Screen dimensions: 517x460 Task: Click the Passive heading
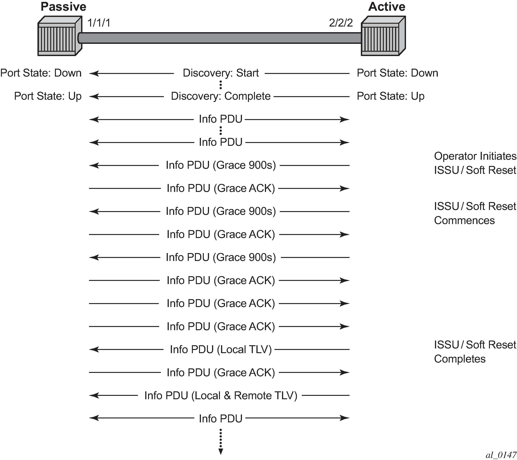pos(63,7)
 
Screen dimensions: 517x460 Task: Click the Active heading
pos(387,7)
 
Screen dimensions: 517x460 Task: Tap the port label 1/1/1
pos(99,23)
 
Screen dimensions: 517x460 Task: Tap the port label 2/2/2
pos(341,23)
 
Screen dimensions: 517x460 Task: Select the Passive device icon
pos(60,36)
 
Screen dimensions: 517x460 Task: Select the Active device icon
pos(383,36)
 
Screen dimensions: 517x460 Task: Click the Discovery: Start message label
pos(221,73)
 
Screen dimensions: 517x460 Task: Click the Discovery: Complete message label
pos(221,96)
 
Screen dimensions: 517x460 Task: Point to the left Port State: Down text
pos(41,73)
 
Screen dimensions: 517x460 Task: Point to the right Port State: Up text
pos(391,96)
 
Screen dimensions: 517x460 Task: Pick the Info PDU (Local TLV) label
pos(221,350)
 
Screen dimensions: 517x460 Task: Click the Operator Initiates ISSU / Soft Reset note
pos(475,163)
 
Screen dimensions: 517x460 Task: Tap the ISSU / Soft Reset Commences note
pos(475,213)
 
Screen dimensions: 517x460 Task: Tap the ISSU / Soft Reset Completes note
pos(475,352)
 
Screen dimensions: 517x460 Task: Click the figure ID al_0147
pos(501,455)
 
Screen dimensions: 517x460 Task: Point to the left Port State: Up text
pos(48,96)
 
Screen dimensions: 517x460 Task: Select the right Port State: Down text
pos(397,73)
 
